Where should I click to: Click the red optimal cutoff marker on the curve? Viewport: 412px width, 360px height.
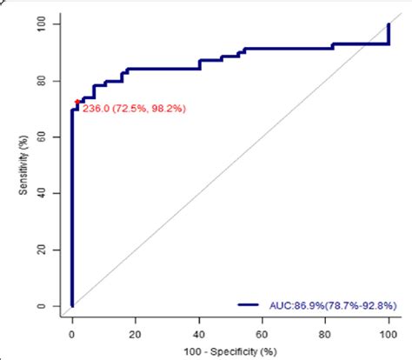pyautogui.click(x=77, y=102)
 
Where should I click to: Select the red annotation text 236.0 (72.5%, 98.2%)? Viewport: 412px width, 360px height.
pyautogui.click(x=133, y=108)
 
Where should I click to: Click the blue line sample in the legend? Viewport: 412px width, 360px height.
pyautogui.click(x=252, y=305)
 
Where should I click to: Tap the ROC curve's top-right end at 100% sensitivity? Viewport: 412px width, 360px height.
pyautogui.click(x=389, y=24)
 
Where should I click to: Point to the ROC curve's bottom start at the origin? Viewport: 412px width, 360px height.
pyautogui.click(x=72, y=305)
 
